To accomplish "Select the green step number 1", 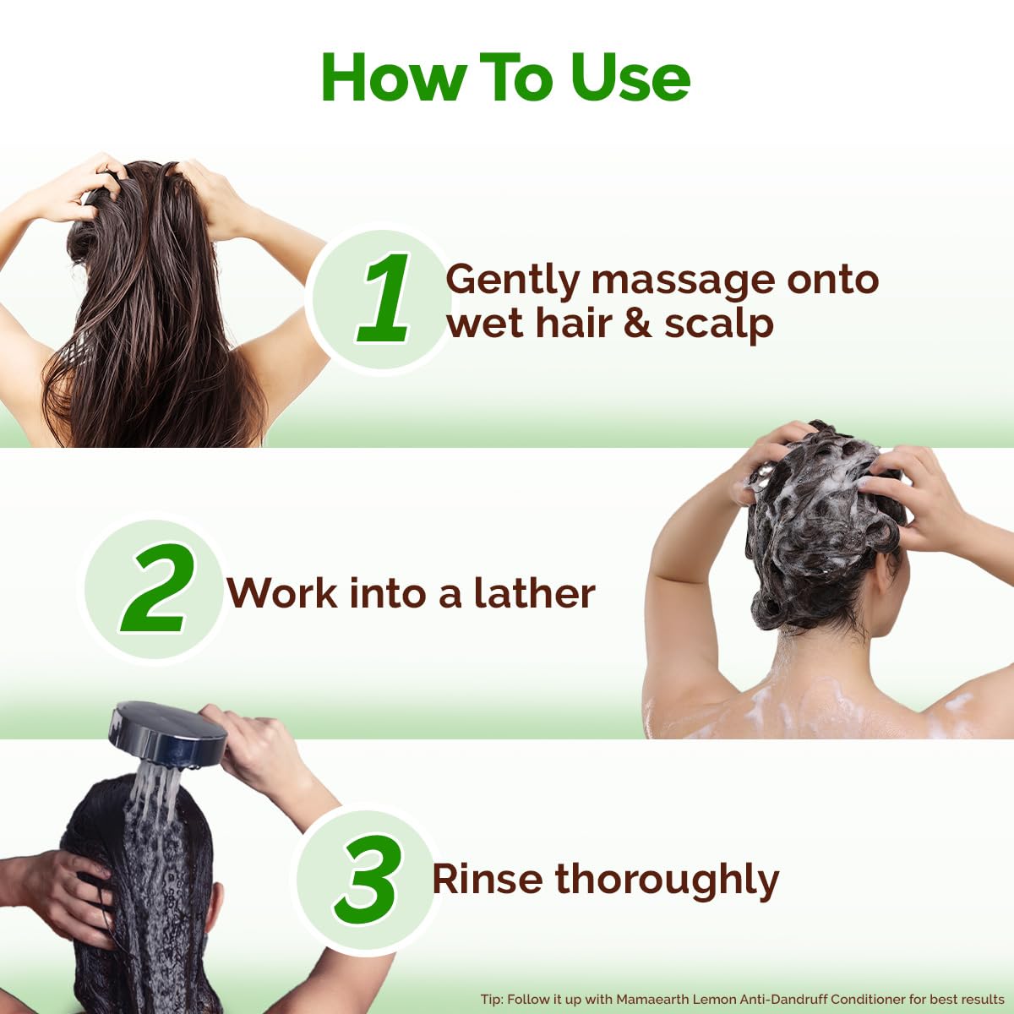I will (385, 299).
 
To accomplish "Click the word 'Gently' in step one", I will (512, 281).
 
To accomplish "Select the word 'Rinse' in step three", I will (486, 879).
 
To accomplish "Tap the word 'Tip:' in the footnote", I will (492, 1000).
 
